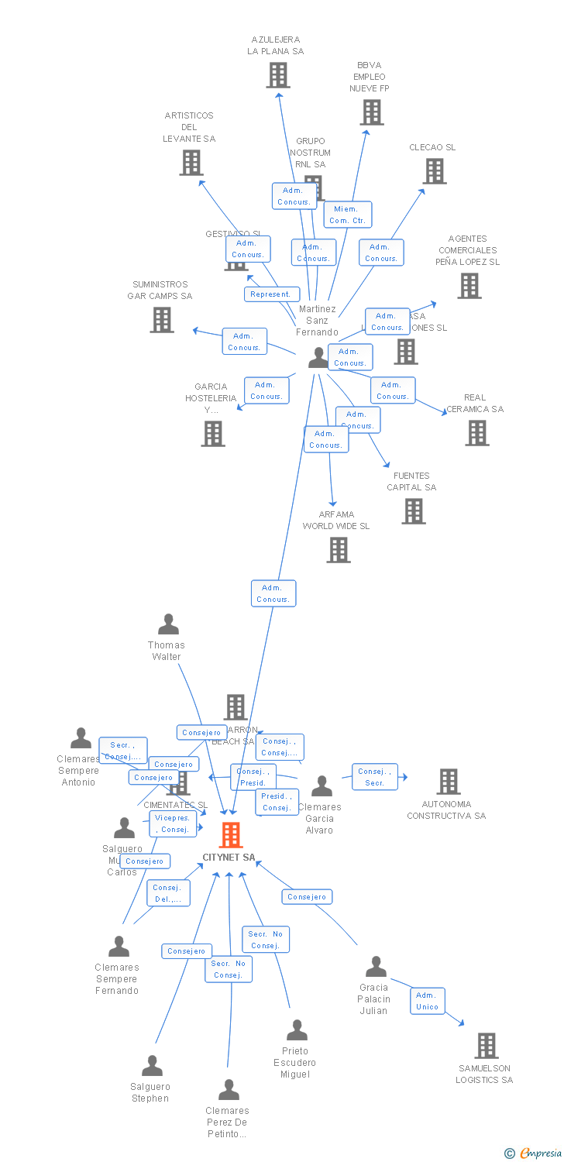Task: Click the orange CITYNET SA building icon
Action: (231, 835)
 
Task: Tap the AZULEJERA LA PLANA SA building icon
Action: (278, 75)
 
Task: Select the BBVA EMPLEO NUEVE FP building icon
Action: (371, 112)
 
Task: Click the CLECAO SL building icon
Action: (435, 171)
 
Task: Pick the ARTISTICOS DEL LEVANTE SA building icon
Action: (191, 163)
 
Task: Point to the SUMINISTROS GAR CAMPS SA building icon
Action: (162, 320)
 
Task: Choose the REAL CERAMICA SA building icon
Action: (477, 433)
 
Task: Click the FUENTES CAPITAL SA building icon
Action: (414, 511)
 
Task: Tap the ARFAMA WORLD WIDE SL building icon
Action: (339, 550)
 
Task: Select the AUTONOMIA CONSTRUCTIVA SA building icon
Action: (449, 782)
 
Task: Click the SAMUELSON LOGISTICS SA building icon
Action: (486, 1046)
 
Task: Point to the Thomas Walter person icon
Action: (168, 624)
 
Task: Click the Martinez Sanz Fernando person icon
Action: (318, 357)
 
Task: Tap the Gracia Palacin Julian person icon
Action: (376, 967)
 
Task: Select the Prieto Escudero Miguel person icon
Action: (297, 1030)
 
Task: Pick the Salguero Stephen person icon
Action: (152, 1066)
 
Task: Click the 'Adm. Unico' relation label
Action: (428, 1001)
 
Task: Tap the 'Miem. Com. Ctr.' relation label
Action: (348, 215)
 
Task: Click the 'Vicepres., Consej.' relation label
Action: (173, 823)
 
